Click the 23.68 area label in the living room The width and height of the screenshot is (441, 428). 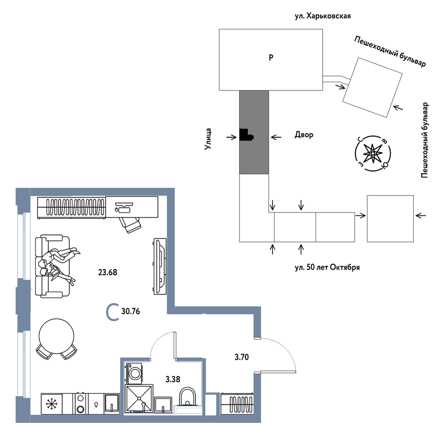coord(107,273)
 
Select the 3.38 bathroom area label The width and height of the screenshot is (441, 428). coord(173,379)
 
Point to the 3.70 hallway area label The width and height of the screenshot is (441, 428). coord(241,357)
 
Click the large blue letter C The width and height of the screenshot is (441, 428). coord(113,312)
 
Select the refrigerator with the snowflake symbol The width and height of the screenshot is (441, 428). coord(51,404)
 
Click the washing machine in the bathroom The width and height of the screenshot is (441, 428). coord(135,372)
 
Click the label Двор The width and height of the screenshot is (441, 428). coord(304,135)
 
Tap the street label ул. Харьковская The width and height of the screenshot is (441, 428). coord(320,17)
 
